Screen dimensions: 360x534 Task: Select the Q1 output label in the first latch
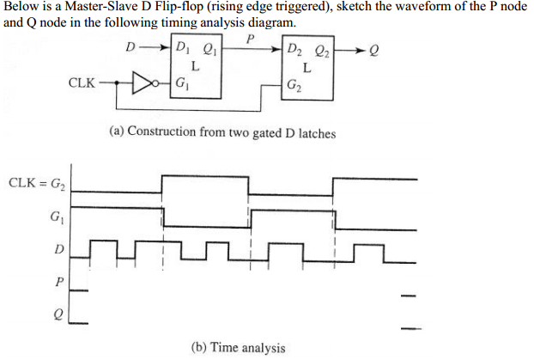(x=216, y=48)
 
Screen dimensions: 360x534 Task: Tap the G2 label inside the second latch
(x=295, y=84)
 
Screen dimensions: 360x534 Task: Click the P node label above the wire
(x=249, y=40)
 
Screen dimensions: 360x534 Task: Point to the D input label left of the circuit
(x=130, y=48)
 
